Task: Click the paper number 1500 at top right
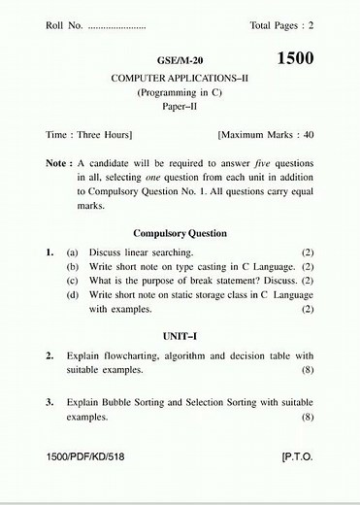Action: coord(295,58)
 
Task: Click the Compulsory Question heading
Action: coord(180,233)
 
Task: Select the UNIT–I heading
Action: coord(180,334)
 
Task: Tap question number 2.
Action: coord(49,355)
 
